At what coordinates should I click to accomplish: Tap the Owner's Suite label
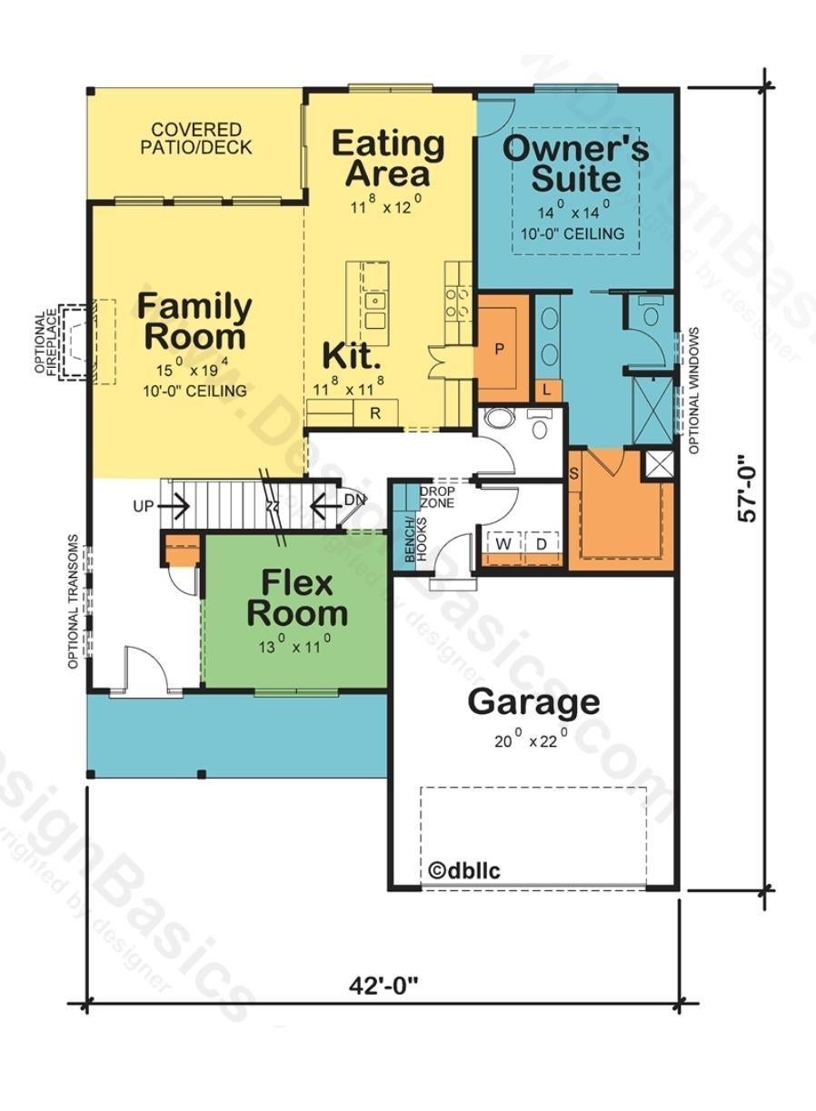point(576,164)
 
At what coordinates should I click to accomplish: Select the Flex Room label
point(297,598)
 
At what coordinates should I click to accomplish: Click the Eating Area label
point(388,158)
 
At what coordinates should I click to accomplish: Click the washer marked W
point(503,544)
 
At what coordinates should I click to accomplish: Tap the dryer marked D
point(542,544)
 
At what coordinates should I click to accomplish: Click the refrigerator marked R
point(375,412)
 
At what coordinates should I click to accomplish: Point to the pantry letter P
point(500,349)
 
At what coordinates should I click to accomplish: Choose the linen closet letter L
point(547,391)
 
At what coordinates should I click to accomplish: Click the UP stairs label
point(144,507)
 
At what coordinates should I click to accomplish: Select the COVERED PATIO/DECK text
point(196,138)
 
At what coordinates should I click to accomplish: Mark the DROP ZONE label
point(437,497)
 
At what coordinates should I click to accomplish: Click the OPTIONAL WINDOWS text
point(694,391)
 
